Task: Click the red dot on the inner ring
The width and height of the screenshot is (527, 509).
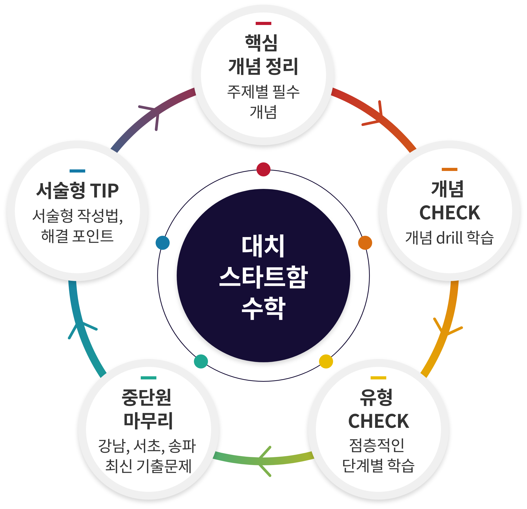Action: tap(263, 169)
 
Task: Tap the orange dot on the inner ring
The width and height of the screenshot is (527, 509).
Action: tap(365, 243)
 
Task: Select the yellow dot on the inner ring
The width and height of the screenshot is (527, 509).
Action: tap(326, 361)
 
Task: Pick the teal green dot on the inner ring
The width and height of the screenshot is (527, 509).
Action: tap(201, 361)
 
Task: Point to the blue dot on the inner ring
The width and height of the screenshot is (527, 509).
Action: tap(163, 243)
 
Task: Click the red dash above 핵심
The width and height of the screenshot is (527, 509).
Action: tap(263, 23)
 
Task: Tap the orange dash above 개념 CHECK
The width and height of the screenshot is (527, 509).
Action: tap(449, 169)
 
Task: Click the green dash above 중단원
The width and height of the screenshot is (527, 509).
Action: tap(148, 378)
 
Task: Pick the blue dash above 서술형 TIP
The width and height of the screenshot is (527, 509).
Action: tap(77, 171)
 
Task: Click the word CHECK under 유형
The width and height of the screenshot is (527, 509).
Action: tap(378, 421)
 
